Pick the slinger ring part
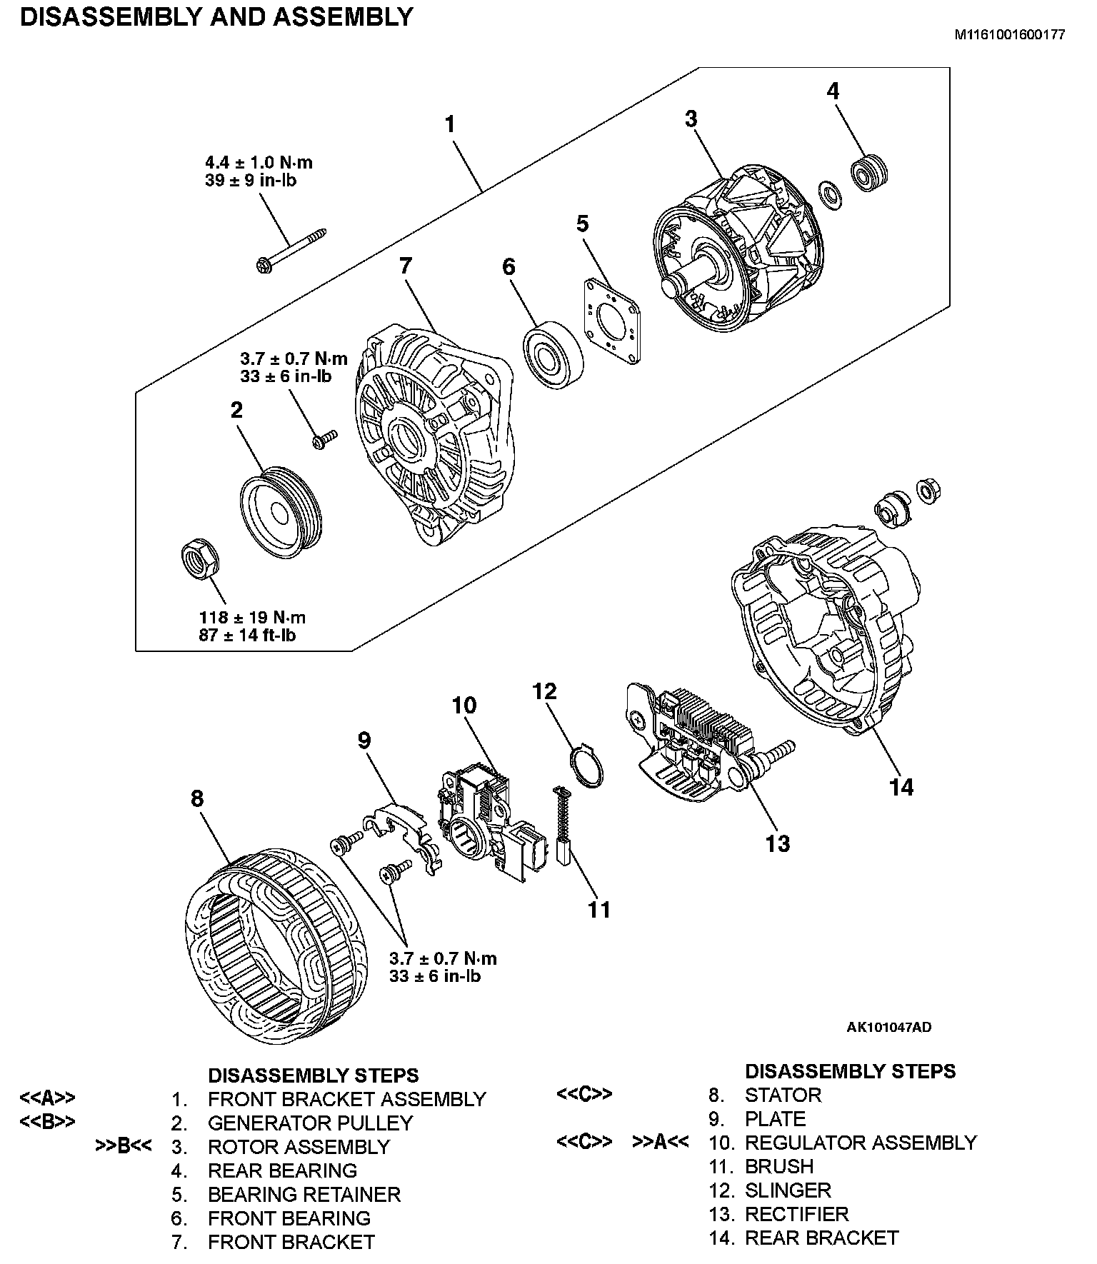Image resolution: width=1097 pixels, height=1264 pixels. pos(588,767)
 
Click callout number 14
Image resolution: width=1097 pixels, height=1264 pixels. pos(901,788)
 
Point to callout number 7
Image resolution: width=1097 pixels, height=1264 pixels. pos(406,266)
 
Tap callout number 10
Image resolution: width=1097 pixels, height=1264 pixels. pos(464,706)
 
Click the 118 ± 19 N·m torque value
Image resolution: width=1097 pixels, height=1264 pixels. pos(252,617)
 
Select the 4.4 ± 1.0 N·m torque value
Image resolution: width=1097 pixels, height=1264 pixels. pos(259,163)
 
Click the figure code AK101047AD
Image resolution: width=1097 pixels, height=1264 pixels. pos(888,1028)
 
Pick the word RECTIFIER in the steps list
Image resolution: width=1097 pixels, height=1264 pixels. pos(796,1214)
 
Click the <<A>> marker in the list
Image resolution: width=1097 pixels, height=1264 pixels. pos(47,1098)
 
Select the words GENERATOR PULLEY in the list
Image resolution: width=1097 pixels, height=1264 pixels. pos(310,1123)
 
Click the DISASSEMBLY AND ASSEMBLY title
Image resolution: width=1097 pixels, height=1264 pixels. pos(216,16)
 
